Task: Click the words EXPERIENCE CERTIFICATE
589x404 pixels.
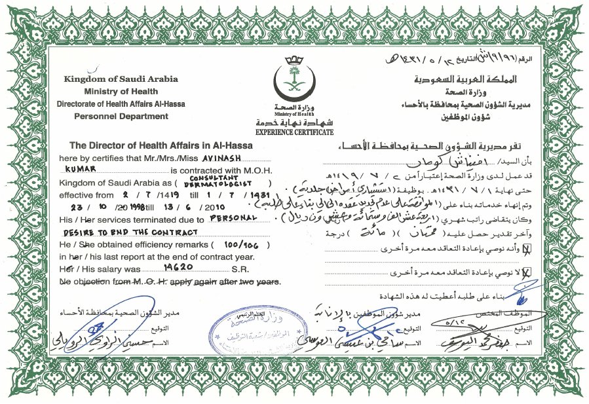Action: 294,132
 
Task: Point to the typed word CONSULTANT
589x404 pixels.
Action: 208,177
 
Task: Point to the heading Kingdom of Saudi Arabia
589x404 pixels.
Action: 121,79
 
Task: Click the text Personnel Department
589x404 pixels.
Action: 121,116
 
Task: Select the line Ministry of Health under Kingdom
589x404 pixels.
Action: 121,91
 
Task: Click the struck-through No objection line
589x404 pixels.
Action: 170,282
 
